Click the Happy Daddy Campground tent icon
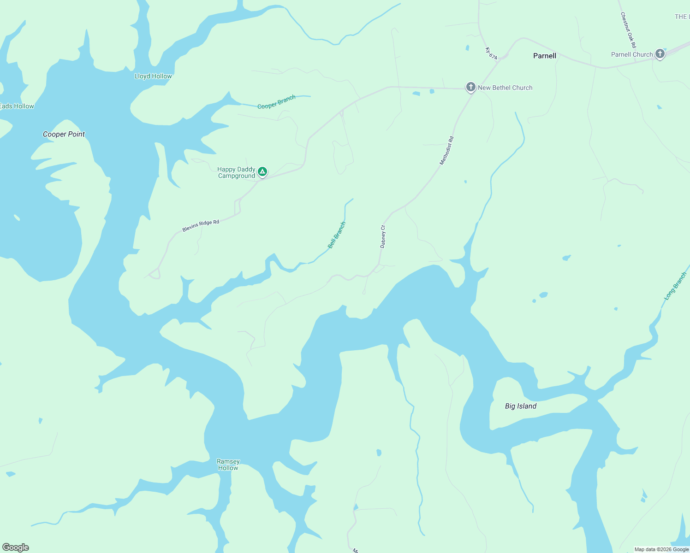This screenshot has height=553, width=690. (262, 172)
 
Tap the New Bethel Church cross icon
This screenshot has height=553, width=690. (470, 87)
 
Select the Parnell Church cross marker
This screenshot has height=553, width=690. (660, 54)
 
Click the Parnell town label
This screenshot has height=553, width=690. (545, 56)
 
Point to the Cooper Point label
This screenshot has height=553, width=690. (64, 134)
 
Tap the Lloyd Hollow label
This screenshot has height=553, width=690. (153, 76)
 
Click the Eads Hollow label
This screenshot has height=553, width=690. (17, 106)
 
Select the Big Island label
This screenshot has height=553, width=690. (521, 406)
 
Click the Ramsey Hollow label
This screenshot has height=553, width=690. (228, 465)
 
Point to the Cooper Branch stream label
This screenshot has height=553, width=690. (276, 102)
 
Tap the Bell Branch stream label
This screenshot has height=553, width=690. (337, 235)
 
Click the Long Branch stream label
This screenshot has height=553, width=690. (675, 286)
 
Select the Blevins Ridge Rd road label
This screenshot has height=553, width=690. (201, 226)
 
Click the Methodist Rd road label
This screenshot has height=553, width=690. (446, 150)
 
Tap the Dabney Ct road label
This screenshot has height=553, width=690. (382, 236)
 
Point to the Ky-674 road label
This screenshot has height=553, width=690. (491, 53)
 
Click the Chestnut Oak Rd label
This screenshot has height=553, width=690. (628, 30)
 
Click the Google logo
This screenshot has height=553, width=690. (16, 547)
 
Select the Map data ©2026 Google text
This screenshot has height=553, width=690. (661, 549)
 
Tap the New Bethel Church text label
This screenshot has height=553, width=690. (505, 88)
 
